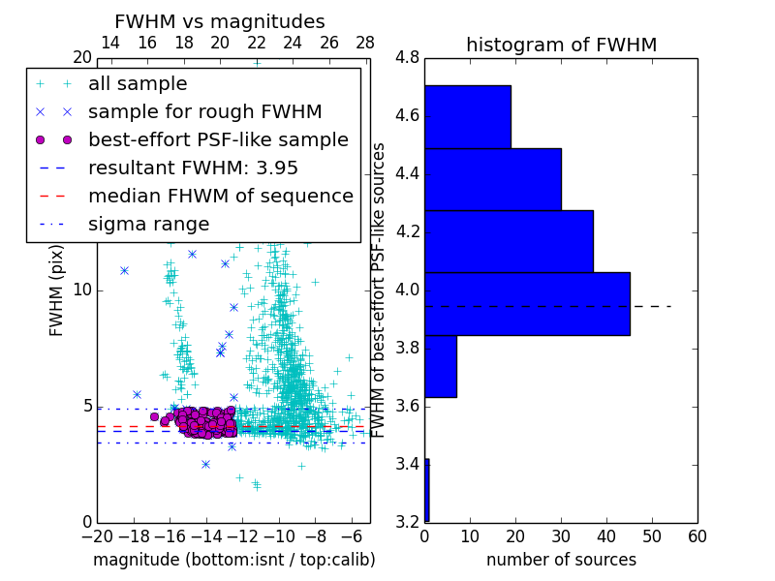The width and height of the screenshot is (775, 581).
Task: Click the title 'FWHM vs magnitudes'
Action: pos(220,22)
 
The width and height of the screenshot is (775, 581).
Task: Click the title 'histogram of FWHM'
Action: pos(561,45)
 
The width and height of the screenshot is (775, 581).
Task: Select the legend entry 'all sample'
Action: pos(138,84)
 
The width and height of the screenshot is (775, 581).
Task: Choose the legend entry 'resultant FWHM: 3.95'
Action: pos(193,168)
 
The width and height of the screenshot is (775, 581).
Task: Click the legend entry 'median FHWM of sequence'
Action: pos(220,196)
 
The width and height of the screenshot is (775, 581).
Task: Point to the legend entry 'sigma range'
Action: pos(148,224)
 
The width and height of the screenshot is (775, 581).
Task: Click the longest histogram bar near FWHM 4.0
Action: pos(527,304)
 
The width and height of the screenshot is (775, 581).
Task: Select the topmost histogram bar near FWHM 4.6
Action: pos(467,117)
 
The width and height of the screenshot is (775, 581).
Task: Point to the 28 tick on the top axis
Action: pos(365,43)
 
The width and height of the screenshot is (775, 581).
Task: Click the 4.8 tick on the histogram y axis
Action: pos(407,58)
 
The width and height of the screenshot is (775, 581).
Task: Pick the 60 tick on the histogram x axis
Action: pos(697,536)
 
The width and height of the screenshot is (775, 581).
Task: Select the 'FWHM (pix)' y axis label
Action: pos(57,290)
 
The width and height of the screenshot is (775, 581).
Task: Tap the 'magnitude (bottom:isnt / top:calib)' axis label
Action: pos(233,560)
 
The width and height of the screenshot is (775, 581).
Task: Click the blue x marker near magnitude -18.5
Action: pos(124,270)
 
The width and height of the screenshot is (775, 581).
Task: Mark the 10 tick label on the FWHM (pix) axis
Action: pos(81,290)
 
